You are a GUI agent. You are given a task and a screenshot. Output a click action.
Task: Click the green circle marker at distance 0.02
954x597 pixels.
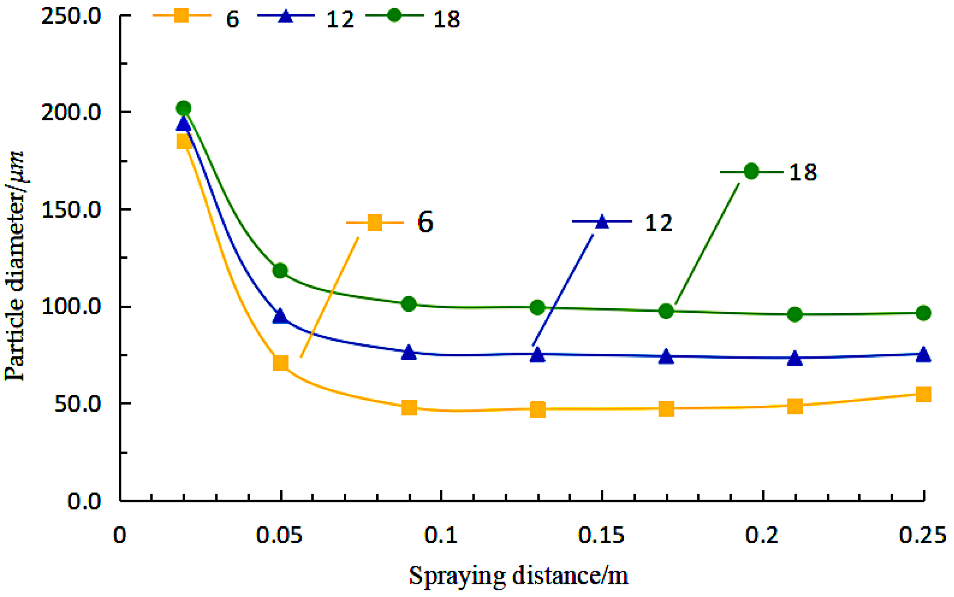(x=184, y=108)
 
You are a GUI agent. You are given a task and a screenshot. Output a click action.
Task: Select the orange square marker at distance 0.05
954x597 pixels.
(x=281, y=363)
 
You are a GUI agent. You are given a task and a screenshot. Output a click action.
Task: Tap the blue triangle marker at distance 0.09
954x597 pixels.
(x=409, y=353)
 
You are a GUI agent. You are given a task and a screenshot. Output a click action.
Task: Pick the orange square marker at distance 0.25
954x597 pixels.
(x=923, y=394)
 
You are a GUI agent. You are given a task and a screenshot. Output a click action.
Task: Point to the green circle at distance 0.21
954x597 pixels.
(x=794, y=314)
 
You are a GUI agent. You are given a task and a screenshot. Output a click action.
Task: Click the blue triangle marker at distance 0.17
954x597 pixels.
(x=666, y=357)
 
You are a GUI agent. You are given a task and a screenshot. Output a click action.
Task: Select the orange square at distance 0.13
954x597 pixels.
(x=537, y=409)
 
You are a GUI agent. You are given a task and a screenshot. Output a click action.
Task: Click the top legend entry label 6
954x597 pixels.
(x=232, y=20)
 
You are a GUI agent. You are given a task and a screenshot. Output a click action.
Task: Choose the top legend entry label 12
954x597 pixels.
(x=340, y=20)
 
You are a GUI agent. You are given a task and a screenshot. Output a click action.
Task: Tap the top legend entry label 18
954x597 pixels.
(x=446, y=20)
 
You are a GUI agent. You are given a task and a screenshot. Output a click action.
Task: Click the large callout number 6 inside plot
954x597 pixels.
(x=425, y=222)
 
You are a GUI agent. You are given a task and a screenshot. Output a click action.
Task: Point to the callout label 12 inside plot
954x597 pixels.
(x=658, y=223)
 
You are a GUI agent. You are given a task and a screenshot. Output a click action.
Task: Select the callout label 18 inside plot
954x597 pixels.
(x=803, y=172)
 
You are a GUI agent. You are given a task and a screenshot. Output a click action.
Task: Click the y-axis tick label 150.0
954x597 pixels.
(x=71, y=210)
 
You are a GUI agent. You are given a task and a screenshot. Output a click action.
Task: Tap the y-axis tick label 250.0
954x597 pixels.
(x=71, y=16)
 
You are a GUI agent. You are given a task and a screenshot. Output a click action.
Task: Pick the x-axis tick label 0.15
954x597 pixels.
(x=601, y=535)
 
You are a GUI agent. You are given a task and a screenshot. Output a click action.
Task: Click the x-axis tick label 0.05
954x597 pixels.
(x=279, y=535)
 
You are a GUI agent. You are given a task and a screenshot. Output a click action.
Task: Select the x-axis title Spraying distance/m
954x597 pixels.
(x=518, y=576)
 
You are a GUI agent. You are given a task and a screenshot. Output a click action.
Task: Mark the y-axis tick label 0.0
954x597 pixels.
(x=84, y=501)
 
